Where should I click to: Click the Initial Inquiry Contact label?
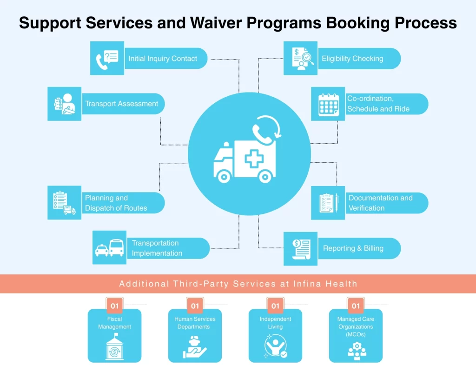[x=163, y=59]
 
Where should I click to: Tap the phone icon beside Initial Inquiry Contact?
[x=107, y=58]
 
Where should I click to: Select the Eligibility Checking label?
[x=352, y=59]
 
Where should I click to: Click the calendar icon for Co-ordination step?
[x=328, y=104]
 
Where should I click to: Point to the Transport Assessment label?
[x=121, y=104]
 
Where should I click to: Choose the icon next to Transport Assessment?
[x=64, y=104]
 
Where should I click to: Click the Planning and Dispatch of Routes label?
[x=116, y=203]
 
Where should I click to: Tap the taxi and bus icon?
[x=110, y=248]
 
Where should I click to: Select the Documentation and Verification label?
[x=380, y=203]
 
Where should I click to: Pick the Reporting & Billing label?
[x=353, y=248]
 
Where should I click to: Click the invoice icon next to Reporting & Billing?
[x=301, y=248]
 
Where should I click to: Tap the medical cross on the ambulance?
[x=254, y=159]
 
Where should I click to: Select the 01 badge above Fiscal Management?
[x=114, y=306]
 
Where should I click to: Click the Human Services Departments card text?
[x=195, y=323]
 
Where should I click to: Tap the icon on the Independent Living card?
[x=275, y=347]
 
